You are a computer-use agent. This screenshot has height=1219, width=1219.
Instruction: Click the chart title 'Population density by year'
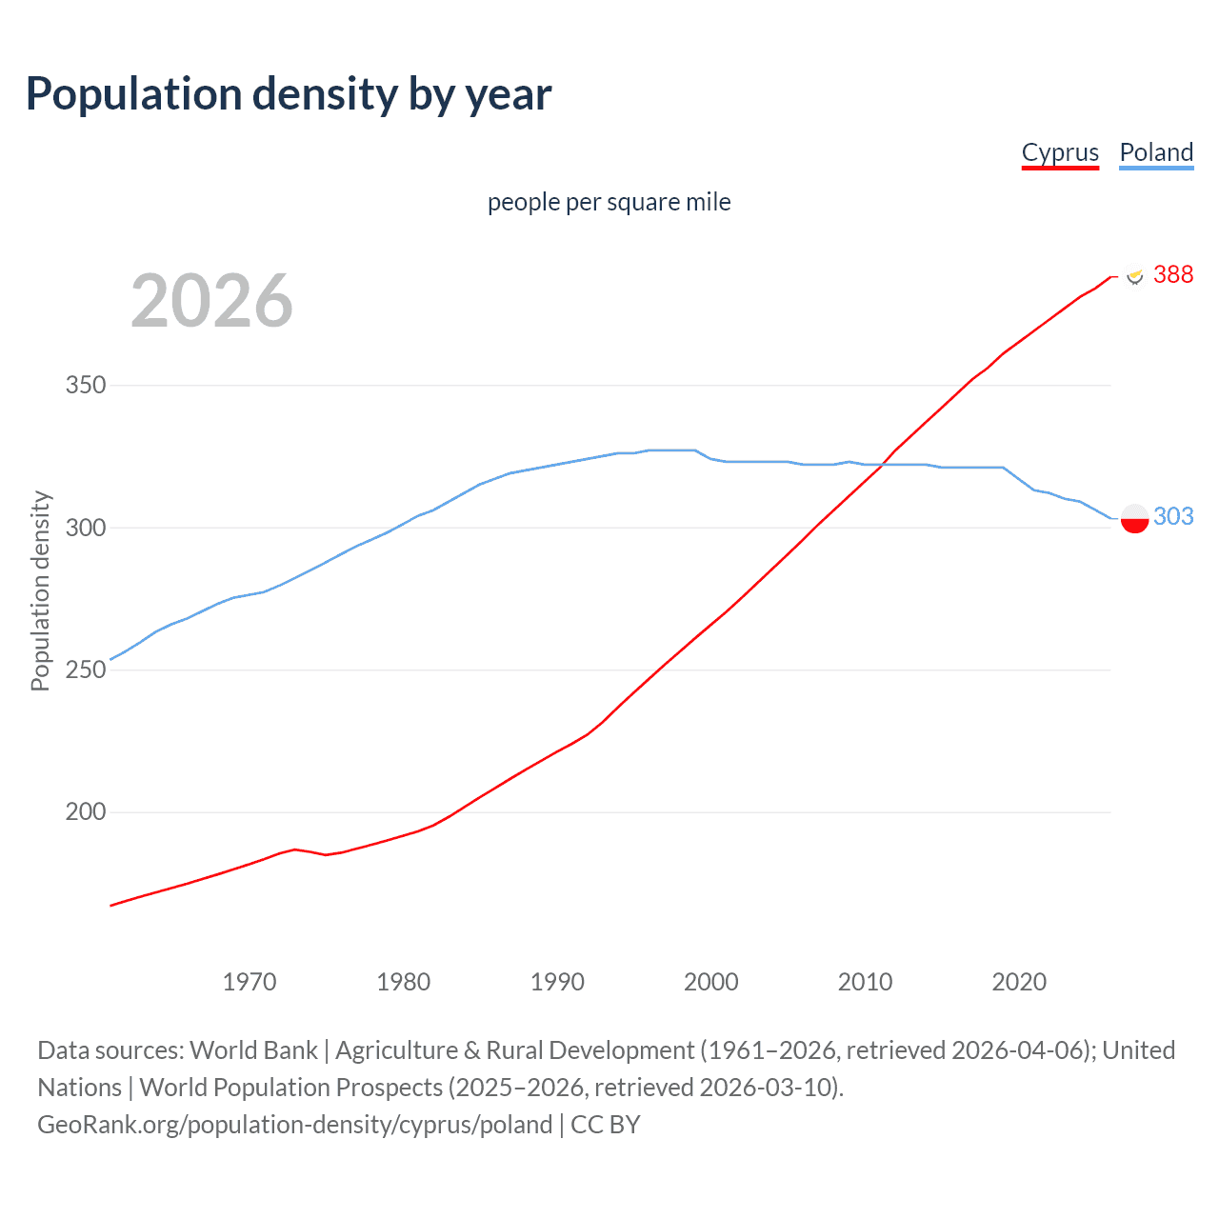[x=289, y=94]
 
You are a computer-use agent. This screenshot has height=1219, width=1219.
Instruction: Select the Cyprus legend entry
[x=1060, y=152]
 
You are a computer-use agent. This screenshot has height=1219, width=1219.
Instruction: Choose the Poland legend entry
[x=1156, y=152]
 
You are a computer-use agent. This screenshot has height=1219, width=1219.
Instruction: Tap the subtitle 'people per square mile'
[x=609, y=202]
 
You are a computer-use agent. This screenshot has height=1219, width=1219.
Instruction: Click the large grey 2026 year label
[x=211, y=301]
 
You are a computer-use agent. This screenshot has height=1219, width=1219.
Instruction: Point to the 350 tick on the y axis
[x=85, y=386]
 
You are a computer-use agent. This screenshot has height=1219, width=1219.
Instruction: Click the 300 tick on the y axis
[x=85, y=528]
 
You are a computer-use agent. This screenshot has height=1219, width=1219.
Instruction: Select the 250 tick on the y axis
[x=85, y=669]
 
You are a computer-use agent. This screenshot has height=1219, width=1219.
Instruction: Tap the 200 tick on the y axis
[x=85, y=812]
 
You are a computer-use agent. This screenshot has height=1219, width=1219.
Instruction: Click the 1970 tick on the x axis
[x=250, y=982]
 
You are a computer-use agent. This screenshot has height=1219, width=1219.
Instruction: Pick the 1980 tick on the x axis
[x=404, y=982]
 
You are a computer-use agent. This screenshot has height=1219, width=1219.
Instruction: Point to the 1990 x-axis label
[x=557, y=982]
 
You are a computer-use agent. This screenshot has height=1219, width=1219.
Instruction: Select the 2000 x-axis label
[x=711, y=982]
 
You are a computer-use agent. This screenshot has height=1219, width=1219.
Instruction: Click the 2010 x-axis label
[x=865, y=982]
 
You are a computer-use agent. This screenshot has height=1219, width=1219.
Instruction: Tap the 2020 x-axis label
[x=1019, y=982]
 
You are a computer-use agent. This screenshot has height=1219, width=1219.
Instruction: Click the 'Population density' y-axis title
[x=40, y=590]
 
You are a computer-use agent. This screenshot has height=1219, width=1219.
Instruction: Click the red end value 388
[x=1172, y=274]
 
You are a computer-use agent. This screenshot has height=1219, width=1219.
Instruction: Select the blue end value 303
[x=1172, y=516]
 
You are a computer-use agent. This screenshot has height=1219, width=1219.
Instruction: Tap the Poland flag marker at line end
[x=1134, y=518]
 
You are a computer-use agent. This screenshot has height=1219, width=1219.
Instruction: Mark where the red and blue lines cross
[x=883, y=464]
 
